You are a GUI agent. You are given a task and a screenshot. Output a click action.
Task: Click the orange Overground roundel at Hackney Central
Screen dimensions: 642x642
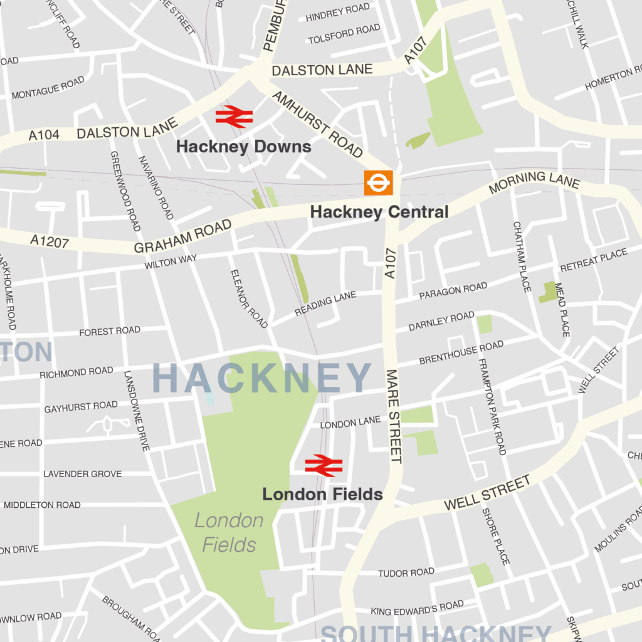point(379,182)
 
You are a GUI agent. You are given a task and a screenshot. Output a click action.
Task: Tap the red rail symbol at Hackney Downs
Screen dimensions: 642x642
point(234,117)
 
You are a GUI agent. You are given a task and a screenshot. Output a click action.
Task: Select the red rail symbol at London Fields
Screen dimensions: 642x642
point(324,466)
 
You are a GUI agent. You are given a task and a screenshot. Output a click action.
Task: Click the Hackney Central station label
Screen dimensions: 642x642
point(379,212)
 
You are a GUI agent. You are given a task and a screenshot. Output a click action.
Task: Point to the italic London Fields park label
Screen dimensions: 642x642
point(229,532)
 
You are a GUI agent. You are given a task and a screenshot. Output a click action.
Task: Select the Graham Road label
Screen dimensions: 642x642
point(182,236)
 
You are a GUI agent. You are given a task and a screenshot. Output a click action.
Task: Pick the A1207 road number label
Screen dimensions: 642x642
point(49,241)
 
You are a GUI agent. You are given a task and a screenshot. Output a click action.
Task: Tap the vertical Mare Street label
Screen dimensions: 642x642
point(394,416)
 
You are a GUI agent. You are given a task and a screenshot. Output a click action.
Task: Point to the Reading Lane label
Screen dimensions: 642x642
point(325,303)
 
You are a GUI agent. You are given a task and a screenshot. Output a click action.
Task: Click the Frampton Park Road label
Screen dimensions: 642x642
point(492,406)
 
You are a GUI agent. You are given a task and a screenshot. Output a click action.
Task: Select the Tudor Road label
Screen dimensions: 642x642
point(406,572)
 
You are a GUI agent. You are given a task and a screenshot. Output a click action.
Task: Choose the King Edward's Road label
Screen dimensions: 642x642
point(417,608)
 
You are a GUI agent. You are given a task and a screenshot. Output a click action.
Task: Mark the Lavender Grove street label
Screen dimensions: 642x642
point(82,473)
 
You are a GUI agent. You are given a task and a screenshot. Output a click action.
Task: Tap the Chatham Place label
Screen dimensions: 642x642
point(522,256)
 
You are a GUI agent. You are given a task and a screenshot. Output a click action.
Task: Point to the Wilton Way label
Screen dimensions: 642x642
point(171,261)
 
